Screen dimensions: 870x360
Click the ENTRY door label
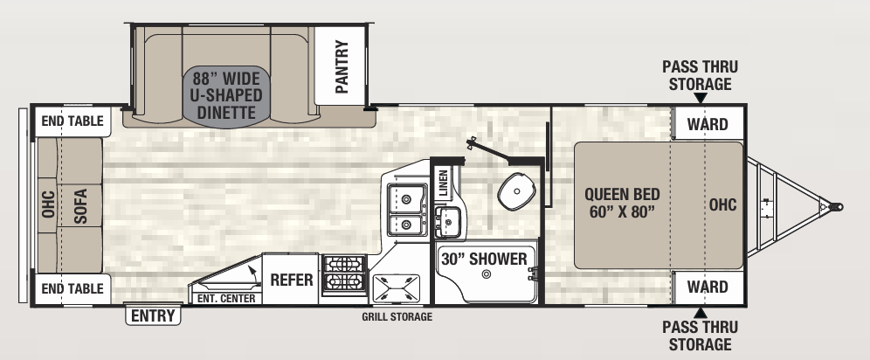pos(153,315)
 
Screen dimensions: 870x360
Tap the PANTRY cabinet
pos(340,66)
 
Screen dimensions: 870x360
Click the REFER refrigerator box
pos(291,279)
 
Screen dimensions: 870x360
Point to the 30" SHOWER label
pos(484,259)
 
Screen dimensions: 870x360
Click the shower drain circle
pos(487,274)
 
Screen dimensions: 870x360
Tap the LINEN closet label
pos(444,183)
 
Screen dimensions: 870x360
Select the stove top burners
pos(344,273)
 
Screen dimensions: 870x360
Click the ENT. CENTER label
pos(226,299)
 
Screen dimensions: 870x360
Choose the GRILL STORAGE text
pos(397,316)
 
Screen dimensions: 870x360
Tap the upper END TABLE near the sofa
pos(72,121)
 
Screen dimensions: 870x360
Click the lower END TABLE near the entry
pos(72,288)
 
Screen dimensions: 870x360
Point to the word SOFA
pos(80,206)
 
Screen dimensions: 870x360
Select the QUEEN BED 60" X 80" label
pos(622,203)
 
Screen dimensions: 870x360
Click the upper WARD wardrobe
pos(708,123)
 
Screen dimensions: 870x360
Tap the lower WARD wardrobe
pos(708,287)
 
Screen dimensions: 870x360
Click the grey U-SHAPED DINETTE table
pos(227,95)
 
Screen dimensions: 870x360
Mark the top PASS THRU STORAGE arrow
pos(701,98)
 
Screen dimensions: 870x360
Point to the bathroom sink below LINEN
pos(448,221)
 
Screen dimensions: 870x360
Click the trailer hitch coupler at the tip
pos(836,207)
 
